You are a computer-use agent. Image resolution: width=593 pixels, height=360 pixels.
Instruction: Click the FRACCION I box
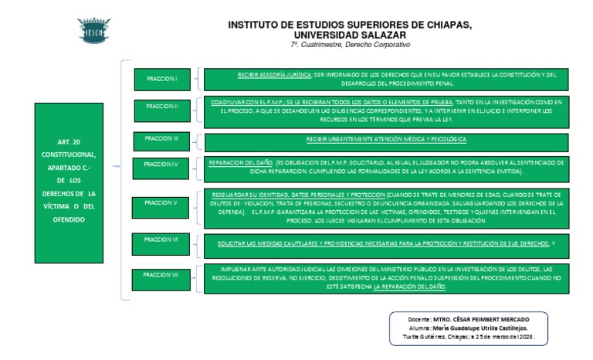tap(161, 79)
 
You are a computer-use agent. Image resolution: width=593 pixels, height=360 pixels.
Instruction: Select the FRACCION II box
tap(161, 106)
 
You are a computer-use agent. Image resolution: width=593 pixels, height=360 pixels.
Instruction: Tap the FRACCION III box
tap(161, 138)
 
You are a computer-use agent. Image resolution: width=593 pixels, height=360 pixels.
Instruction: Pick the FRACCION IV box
tap(161, 164)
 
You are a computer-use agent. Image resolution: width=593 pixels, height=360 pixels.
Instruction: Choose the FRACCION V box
tap(161, 202)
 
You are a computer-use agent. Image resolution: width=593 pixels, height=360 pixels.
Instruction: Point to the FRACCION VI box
tap(161, 240)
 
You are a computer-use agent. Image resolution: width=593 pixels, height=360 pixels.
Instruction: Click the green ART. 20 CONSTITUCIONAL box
tap(75, 183)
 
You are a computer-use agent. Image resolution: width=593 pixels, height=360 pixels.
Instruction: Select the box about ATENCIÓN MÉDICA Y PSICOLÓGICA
tap(386, 139)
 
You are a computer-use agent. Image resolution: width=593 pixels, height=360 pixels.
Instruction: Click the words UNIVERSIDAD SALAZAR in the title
tap(350, 35)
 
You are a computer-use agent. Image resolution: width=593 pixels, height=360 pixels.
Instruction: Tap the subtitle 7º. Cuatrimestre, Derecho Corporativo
tap(350, 46)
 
